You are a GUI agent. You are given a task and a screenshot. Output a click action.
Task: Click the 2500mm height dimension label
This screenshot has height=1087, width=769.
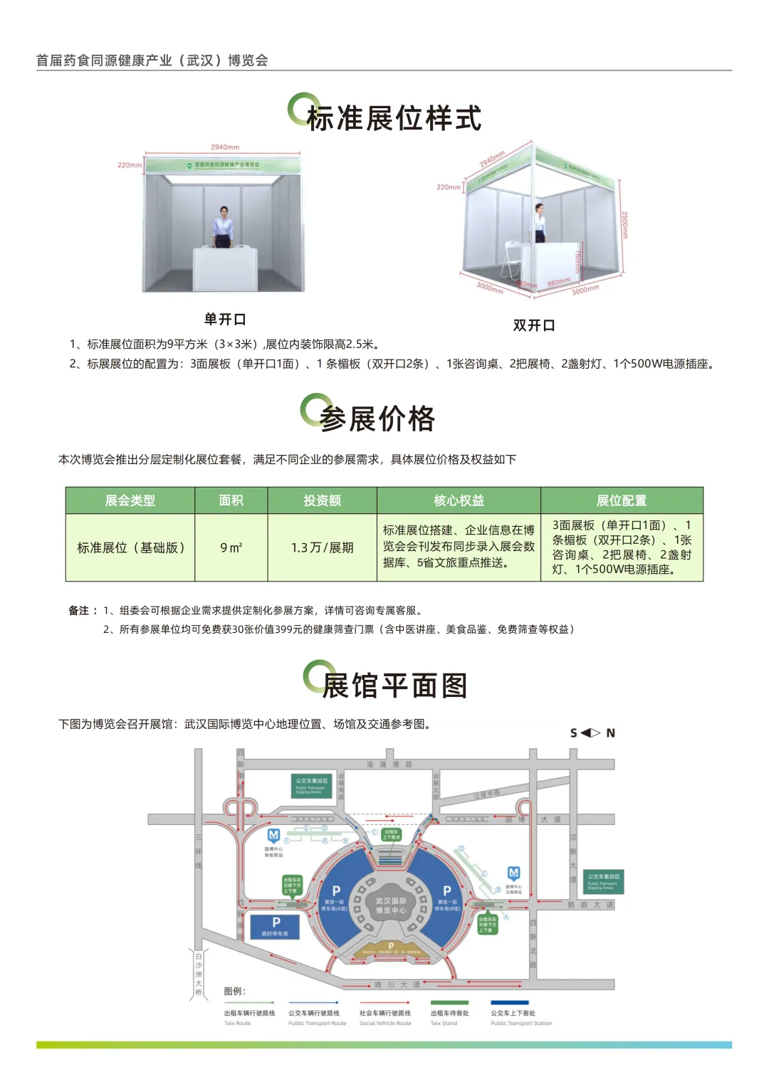624,224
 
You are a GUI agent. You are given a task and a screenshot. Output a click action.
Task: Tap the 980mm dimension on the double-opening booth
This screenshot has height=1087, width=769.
559,282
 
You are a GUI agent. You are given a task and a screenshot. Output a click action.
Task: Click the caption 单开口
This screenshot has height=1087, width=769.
225,319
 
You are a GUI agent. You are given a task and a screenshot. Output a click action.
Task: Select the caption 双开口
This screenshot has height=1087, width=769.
534,325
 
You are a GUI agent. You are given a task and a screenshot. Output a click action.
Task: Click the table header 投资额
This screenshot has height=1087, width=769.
322,500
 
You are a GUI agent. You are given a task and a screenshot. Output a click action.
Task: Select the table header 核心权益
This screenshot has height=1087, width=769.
459,500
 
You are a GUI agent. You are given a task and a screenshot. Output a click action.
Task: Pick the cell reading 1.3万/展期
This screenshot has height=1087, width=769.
322,547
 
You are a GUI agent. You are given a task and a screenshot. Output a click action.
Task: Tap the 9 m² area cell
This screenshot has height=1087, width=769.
231,547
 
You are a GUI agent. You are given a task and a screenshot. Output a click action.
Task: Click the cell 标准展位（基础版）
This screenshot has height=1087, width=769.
130,547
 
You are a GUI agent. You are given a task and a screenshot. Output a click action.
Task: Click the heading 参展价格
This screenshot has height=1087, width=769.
377,419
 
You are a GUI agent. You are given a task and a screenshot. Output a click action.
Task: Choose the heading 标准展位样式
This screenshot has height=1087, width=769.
394,118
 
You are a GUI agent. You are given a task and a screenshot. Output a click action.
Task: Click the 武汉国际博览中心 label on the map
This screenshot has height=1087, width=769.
391,905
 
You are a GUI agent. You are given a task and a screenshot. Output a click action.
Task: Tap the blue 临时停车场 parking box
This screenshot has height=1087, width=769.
275,926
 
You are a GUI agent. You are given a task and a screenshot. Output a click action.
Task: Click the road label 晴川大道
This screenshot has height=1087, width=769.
397,985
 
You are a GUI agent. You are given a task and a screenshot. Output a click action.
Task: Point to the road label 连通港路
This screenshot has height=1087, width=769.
389,765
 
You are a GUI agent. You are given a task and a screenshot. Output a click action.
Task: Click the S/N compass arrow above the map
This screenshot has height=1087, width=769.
591,732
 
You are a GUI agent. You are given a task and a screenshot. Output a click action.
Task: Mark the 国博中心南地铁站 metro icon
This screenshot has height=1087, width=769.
273,835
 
